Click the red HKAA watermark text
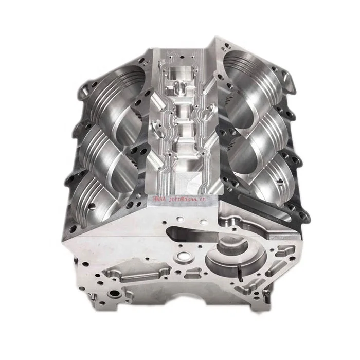[161, 197]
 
